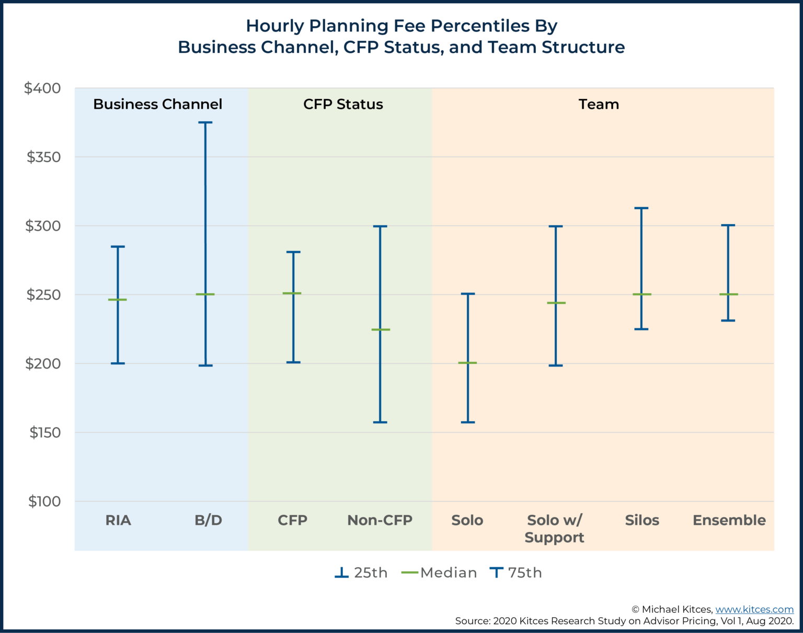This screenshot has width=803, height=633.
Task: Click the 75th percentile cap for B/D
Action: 205,123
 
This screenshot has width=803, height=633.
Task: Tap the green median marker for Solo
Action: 467,363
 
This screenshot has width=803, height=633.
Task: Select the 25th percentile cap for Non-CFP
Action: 380,422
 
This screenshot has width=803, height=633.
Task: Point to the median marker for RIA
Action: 118,300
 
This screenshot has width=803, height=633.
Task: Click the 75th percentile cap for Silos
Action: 641,208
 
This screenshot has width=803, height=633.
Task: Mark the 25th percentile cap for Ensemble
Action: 728,320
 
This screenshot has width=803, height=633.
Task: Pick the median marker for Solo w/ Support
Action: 556,303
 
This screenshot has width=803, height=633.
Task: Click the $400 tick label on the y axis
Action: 42,88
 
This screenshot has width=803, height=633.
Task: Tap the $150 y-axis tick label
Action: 45,433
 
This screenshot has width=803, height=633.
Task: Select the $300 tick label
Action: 43,226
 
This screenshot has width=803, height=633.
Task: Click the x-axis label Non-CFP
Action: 380,521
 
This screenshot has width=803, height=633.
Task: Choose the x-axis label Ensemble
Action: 729,521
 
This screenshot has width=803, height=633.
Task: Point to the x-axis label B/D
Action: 208,521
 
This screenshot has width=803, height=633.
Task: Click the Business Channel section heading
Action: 157,105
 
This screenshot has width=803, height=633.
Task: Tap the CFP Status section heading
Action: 343,105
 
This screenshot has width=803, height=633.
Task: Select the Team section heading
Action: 599,105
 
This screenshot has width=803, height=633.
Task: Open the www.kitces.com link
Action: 754,609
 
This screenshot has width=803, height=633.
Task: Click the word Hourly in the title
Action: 274,26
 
